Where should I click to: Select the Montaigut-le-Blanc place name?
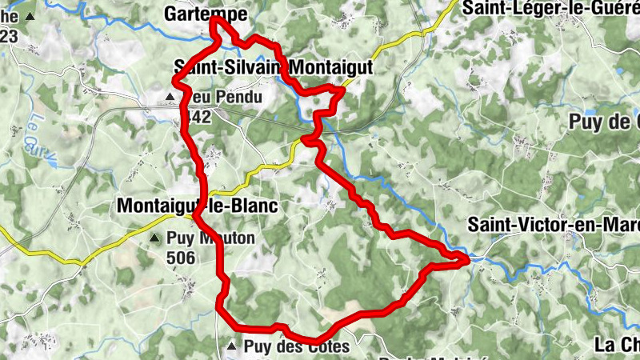click(x=197, y=206)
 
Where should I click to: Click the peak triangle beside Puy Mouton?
click(x=154, y=238)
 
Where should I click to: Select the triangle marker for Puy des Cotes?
click(x=232, y=346)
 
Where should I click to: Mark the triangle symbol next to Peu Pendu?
click(x=170, y=98)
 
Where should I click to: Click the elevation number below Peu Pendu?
click(x=196, y=117)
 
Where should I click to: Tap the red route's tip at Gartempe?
click(x=214, y=20)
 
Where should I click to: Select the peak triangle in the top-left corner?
click(x=30, y=16)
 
